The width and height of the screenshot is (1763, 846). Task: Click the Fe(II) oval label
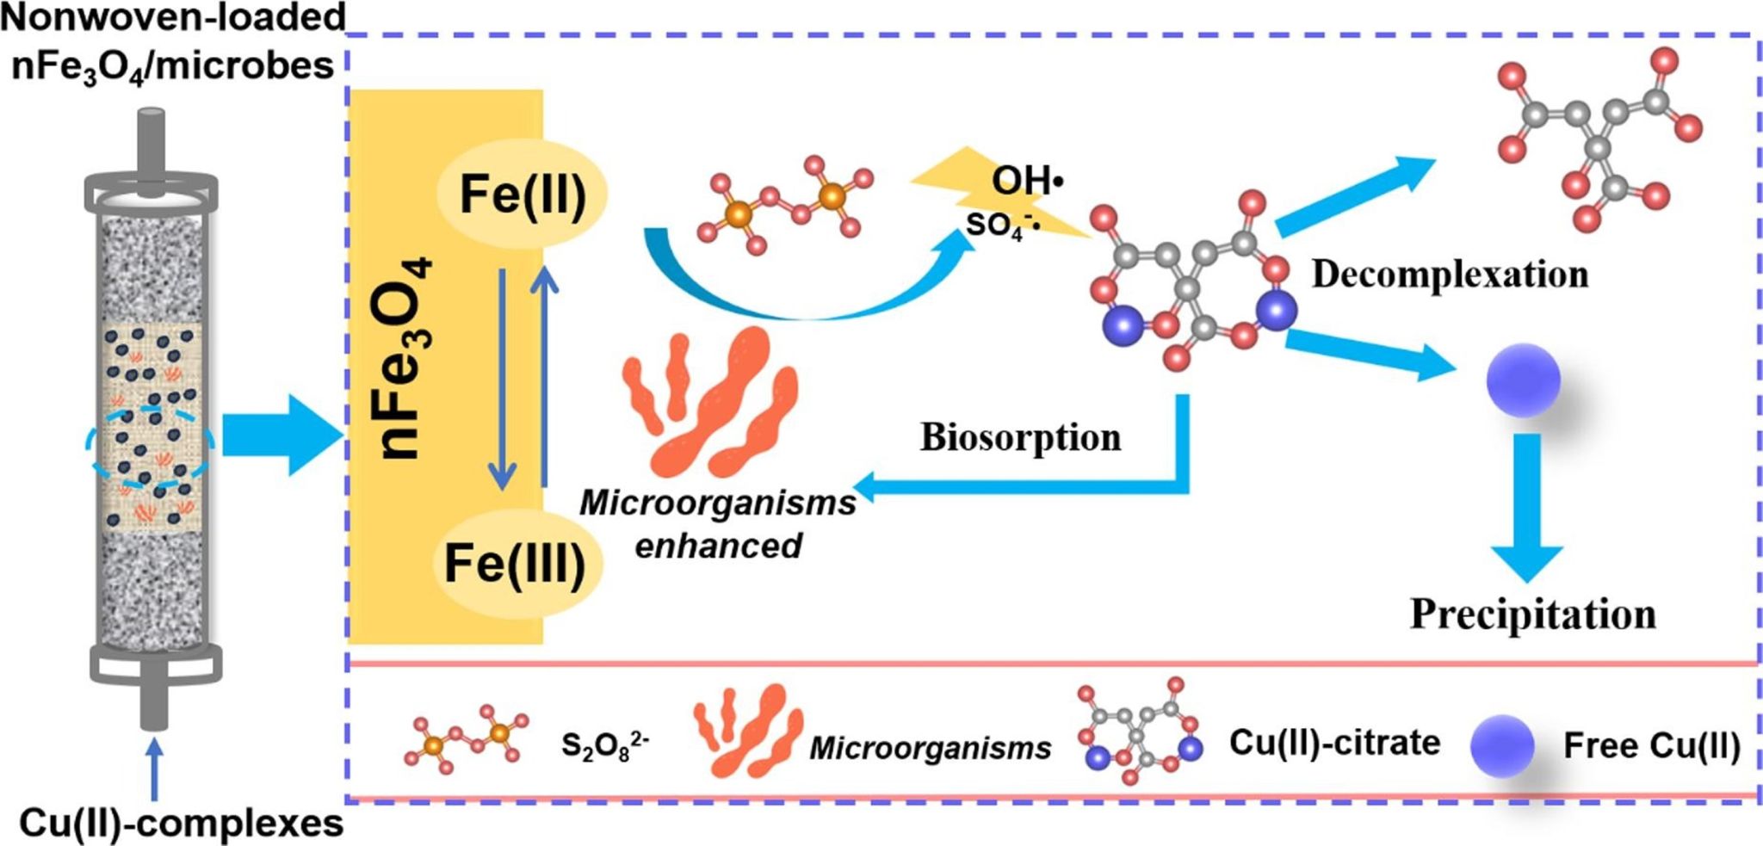pyautogui.click(x=523, y=194)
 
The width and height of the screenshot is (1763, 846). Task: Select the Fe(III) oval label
pyautogui.click(x=515, y=564)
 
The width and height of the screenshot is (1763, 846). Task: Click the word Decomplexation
pyautogui.click(x=1450, y=275)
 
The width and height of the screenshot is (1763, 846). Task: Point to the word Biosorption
pyautogui.click(x=1020, y=437)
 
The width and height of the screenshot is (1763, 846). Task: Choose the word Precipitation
pyautogui.click(x=1532, y=614)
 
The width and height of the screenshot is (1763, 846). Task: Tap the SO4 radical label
pyautogui.click(x=1002, y=225)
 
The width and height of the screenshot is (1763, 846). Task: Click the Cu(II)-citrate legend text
pyautogui.click(x=1333, y=743)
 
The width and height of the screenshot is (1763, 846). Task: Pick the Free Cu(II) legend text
pyautogui.click(x=1651, y=745)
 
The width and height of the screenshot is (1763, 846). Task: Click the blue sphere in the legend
pyautogui.click(x=1502, y=745)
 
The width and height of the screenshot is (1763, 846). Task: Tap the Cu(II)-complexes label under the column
pyautogui.click(x=181, y=824)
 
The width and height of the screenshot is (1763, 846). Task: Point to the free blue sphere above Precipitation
pyautogui.click(x=1523, y=380)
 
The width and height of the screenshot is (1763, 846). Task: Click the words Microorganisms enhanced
pyautogui.click(x=718, y=524)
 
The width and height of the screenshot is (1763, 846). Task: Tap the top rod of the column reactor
pyautogui.click(x=152, y=142)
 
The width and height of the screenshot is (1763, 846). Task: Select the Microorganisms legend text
pyautogui.click(x=930, y=748)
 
